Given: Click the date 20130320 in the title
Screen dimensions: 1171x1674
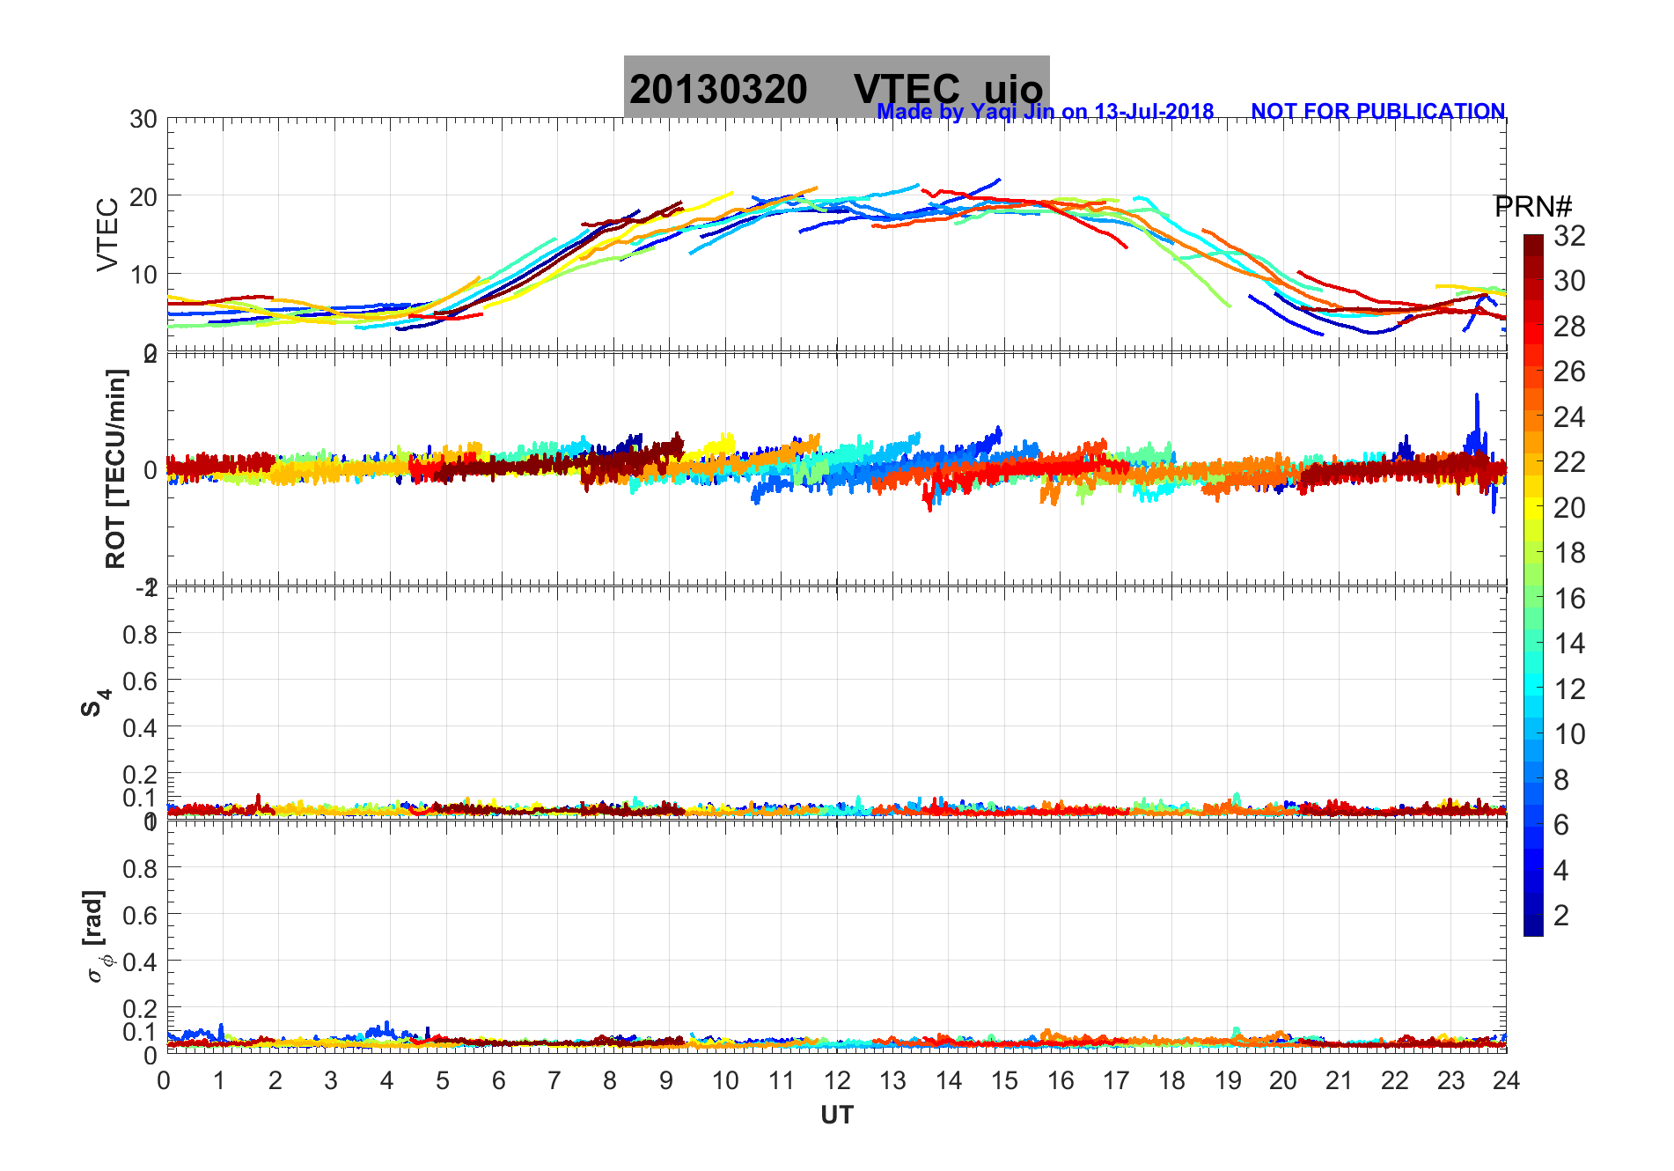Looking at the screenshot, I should click(x=718, y=90).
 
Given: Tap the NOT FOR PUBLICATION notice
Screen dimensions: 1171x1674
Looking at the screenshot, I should click(x=1377, y=112).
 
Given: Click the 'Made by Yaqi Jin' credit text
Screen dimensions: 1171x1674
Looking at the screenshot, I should click(x=1045, y=112).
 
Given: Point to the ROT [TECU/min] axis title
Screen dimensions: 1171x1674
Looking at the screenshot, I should click(x=115, y=468).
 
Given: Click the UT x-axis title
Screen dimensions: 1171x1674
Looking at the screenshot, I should click(x=836, y=1116).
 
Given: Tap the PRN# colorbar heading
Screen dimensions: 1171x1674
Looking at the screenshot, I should click(x=1532, y=207).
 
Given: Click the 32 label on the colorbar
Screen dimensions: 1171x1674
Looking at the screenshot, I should click(x=1569, y=236).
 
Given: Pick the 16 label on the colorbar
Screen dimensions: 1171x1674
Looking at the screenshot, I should click(x=1569, y=599).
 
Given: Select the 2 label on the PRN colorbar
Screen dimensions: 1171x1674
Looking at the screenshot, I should click(x=1561, y=916).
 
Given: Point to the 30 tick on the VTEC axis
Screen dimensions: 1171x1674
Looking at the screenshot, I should click(x=143, y=120).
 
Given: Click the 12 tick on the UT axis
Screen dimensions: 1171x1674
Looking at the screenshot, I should click(x=837, y=1080).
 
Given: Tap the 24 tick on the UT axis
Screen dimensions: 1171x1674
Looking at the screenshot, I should click(x=1506, y=1080).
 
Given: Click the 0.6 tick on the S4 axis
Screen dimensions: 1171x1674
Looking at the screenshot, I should click(x=140, y=681).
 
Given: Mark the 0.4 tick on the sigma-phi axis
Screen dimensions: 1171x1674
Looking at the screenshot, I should click(x=140, y=961).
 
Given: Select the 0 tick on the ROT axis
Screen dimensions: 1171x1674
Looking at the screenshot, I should click(x=151, y=469).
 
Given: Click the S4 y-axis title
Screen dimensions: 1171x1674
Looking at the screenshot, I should click(x=95, y=703).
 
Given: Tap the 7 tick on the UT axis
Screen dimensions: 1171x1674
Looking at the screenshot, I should click(x=554, y=1080).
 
